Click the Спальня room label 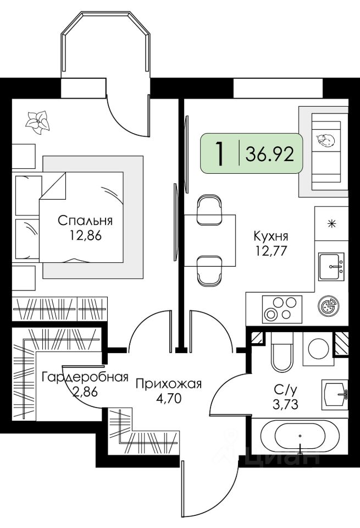pyautogui.click(x=85, y=221)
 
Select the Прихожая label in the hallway pyautogui.click(x=169, y=383)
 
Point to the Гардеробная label pyautogui.click(x=85, y=377)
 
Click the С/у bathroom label pyautogui.click(x=286, y=390)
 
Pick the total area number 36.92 pyautogui.click(x=270, y=153)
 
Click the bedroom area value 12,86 pyautogui.click(x=85, y=237)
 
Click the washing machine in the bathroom pyautogui.click(x=317, y=349)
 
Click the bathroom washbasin pyautogui.click(x=335, y=394)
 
